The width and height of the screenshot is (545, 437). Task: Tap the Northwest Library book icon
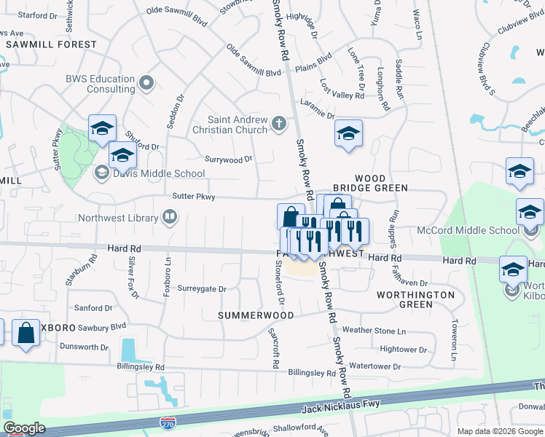pos(169,217)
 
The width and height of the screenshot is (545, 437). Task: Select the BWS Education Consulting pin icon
pos(147,83)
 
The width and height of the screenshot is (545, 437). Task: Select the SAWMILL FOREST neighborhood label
pos(51,44)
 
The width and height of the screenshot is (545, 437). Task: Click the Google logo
pos(24,428)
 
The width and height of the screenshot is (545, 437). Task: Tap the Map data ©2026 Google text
pos(499,431)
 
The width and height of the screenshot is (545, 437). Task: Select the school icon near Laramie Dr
pos(349,134)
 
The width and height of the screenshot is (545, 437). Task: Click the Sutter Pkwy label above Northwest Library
pos(194,196)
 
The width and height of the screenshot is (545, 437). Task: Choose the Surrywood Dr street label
pos(228,159)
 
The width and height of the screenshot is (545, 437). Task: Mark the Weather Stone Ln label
pos(373,330)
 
